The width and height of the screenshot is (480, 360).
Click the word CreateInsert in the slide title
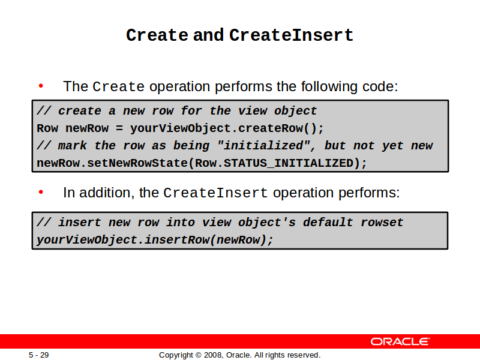point(291,35)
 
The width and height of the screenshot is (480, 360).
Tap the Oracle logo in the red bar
point(400,341)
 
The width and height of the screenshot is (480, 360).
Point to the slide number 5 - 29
point(39,355)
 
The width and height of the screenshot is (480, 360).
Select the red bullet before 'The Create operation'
point(41,86)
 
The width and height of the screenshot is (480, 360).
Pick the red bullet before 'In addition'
point(41,192)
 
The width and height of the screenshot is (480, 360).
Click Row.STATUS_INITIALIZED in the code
point(274,163)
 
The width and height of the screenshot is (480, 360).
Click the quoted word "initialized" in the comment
point(263,145)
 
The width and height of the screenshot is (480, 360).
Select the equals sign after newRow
point(119,128)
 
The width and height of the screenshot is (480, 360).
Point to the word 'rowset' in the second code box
point(382,222)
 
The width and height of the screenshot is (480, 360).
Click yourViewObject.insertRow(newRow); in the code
point(155,239)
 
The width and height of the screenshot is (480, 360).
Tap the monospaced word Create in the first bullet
point(118,86)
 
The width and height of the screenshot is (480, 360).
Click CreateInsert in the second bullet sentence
point(215,193)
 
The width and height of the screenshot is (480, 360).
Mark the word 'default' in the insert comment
point(328,222)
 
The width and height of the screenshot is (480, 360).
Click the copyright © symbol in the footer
point(199,355)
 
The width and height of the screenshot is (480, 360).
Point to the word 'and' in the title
point(208,35)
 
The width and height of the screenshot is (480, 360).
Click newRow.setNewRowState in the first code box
point(112,163)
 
